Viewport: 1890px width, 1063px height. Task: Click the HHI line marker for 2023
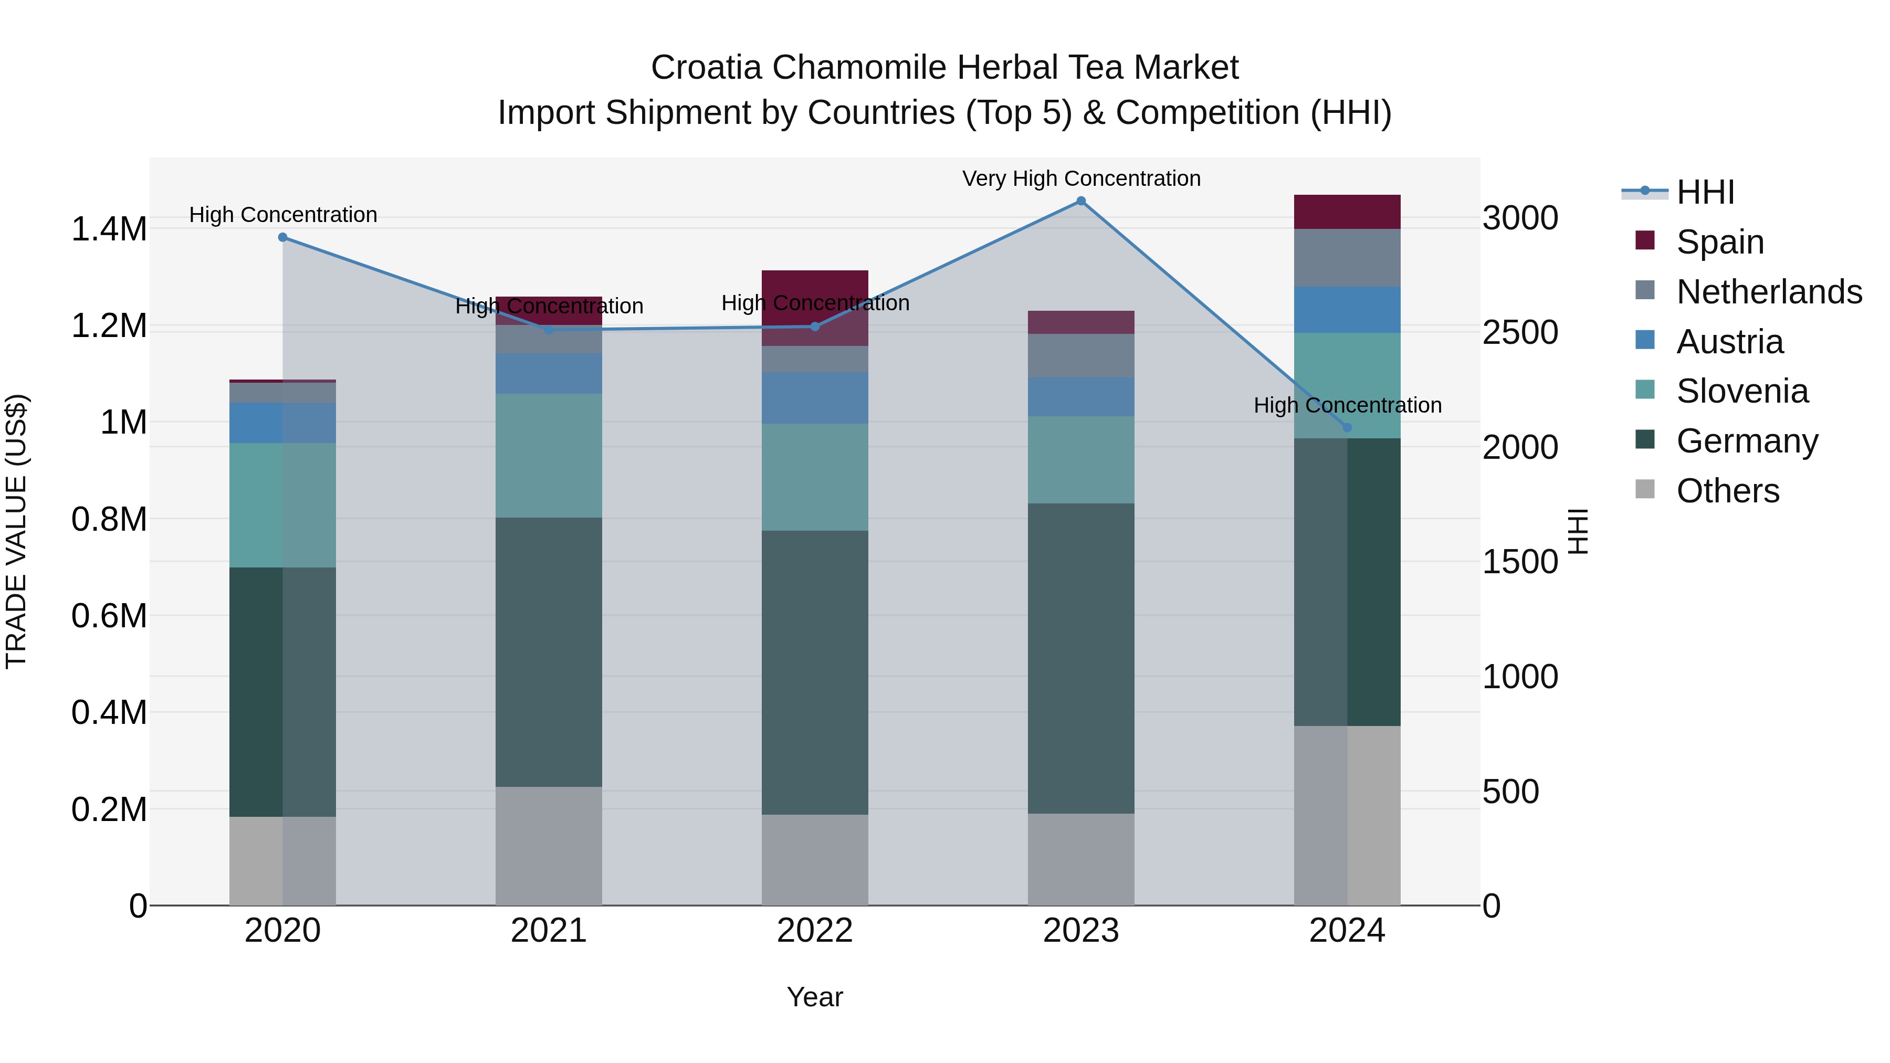pyautogui.click(x=1081, y=201)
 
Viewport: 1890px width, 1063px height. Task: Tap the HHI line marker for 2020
pyautogui.click(x=283, y=237)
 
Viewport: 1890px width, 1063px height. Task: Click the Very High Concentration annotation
pyautogui.click(x=1081, y=178)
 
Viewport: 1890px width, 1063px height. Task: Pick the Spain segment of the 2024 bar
pyautogui.click(x=1347, y=212)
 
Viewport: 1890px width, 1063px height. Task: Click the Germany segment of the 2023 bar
pyautogui.click(x=1081, y=658)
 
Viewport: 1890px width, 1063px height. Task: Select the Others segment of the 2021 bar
pyautogui.click(x=549, y=846)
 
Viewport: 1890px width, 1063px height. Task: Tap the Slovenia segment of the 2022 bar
pyautogui.click(x=814, y=477)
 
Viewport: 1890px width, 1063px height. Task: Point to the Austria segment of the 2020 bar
pyautogui.click(x=283, y=423)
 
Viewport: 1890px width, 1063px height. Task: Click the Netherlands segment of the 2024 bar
pyautogui.click(x=1347, y=258)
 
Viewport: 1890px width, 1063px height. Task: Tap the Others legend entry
pyautogui.click(x=1727, y=491)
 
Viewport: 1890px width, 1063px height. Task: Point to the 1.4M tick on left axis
pyautogui.click(x=109, y=229)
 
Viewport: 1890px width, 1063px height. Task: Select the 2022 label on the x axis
pyautogui.click(x=814, y=931)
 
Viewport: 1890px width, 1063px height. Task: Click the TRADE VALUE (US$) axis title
pyautogui.click(x=16, y=531)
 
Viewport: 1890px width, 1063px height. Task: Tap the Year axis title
pyautogui.click(x=814, y=997)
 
